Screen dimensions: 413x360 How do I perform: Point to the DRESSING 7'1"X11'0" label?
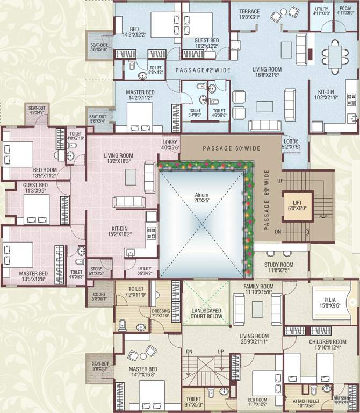pos(161,314)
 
